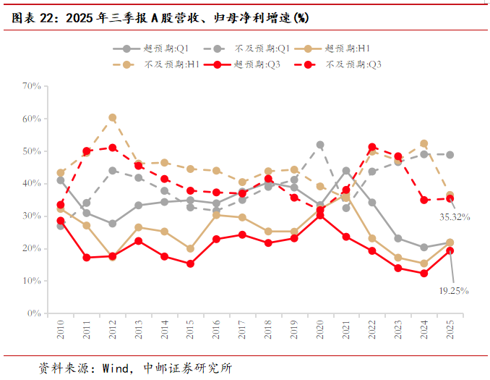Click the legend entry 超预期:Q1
151,48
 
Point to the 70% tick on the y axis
31,86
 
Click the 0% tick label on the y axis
34,313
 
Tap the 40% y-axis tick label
31,184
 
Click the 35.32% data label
455,216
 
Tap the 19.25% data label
454,290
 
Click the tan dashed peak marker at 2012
113,117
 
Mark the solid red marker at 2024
424,274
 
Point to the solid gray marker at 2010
61,180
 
